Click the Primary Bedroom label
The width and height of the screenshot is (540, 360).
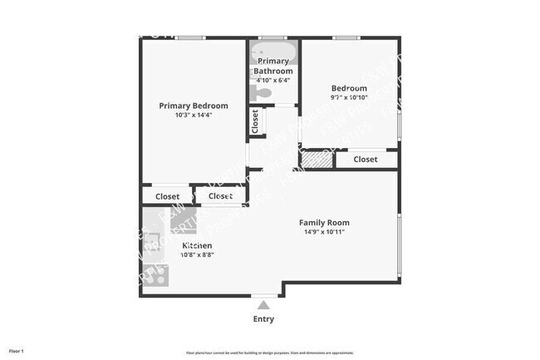tap(194, 106)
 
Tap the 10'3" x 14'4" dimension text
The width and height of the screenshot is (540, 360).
tap(194, 116)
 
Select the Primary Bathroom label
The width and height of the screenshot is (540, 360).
tap(273, 67)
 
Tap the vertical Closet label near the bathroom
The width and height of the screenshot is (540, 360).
tap(255, 121)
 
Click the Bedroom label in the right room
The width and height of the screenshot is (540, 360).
tap(349, 88)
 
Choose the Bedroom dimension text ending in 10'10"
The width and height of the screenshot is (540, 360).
tap(349, 98)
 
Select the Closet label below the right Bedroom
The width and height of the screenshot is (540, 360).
tap(366, 159)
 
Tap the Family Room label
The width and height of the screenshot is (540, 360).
tap(324, 223)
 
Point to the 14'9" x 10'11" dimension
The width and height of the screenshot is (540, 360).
tap(324, 233)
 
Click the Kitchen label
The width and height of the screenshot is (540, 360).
tap(197, 246)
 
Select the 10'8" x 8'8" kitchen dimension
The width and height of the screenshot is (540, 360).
tap(197, 256)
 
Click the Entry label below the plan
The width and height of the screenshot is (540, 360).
tap(263, 319)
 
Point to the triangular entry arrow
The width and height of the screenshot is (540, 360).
tap(263, 305)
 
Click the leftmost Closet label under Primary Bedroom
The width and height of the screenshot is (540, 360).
tap(168, 196)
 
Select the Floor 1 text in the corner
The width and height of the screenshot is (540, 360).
tap(17, 352)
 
